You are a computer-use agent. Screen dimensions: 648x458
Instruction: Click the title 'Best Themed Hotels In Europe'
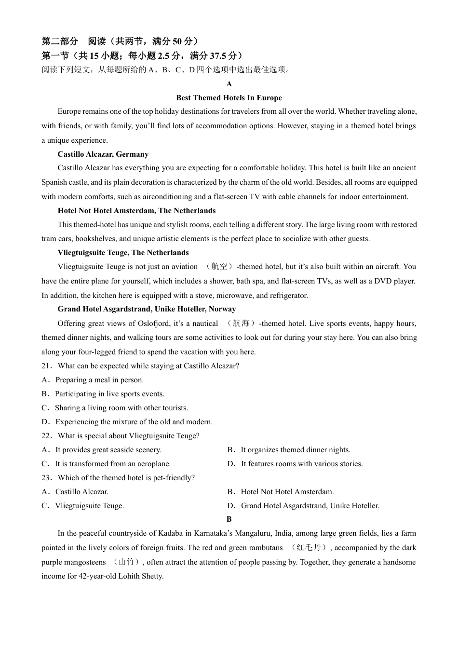[229, 98]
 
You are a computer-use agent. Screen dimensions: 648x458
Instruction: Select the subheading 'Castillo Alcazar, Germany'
[103, 154]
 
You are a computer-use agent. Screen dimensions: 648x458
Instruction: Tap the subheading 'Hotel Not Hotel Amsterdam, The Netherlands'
[136, 211]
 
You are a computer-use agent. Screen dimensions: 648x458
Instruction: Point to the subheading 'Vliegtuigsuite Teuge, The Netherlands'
[123, 253]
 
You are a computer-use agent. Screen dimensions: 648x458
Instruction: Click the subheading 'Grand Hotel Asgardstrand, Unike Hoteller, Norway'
[147, 309]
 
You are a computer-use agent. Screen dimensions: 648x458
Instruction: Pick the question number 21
[46, 366]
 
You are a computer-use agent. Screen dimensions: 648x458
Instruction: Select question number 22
[46, 436]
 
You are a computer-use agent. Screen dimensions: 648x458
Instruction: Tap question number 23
[46, 478]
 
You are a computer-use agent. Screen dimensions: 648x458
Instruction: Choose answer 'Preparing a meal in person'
[99, 380]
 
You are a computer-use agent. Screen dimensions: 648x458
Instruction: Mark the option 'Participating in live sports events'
[109, 394]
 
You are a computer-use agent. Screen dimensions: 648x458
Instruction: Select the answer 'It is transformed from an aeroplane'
[112, 464]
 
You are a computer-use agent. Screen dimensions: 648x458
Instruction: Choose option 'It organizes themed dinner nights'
[295, 450]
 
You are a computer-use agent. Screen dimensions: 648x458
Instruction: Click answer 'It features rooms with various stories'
[301, 464]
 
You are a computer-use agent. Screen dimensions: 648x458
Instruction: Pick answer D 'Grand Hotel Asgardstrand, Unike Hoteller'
[310, 506]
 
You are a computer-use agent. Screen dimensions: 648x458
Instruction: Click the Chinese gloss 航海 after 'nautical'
[241, 324]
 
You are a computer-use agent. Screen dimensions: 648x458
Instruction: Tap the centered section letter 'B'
[229, 519]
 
